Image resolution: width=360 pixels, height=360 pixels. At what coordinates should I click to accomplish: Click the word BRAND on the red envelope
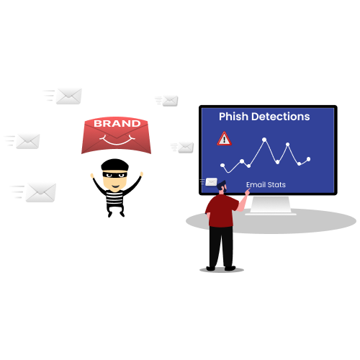click(117, 123)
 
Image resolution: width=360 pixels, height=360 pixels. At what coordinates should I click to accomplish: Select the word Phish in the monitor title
click(233, 117)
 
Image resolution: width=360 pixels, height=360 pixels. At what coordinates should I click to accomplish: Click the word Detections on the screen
click(281, 117)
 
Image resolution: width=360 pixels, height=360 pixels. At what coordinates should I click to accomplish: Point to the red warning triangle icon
click(224, 139)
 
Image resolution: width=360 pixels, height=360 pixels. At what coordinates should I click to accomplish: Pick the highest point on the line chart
click(264, 140)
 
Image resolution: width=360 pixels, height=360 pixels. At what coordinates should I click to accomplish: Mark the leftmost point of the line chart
click(222, 165)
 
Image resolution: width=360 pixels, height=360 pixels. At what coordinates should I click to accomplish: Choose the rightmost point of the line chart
click(308, 159)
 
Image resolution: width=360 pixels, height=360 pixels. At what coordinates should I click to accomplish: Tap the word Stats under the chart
click(276, 185)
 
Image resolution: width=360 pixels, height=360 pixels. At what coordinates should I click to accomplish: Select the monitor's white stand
click(271, 205)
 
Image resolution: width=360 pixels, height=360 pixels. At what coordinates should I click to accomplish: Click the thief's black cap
click(114, 165)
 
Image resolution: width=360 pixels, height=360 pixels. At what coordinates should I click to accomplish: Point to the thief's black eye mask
click(114, 174)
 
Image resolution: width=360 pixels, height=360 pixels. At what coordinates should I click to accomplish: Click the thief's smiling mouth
click(115, 186)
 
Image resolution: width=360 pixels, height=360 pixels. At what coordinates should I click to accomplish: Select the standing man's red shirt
click(221, 211)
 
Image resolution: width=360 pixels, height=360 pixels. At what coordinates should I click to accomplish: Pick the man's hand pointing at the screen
click(248, 192)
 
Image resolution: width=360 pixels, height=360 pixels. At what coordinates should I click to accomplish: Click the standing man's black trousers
click(221, 247)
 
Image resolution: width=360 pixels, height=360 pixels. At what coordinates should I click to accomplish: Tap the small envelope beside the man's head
click(211, 182)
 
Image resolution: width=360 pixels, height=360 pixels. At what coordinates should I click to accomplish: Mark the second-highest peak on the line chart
click(287, 145)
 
